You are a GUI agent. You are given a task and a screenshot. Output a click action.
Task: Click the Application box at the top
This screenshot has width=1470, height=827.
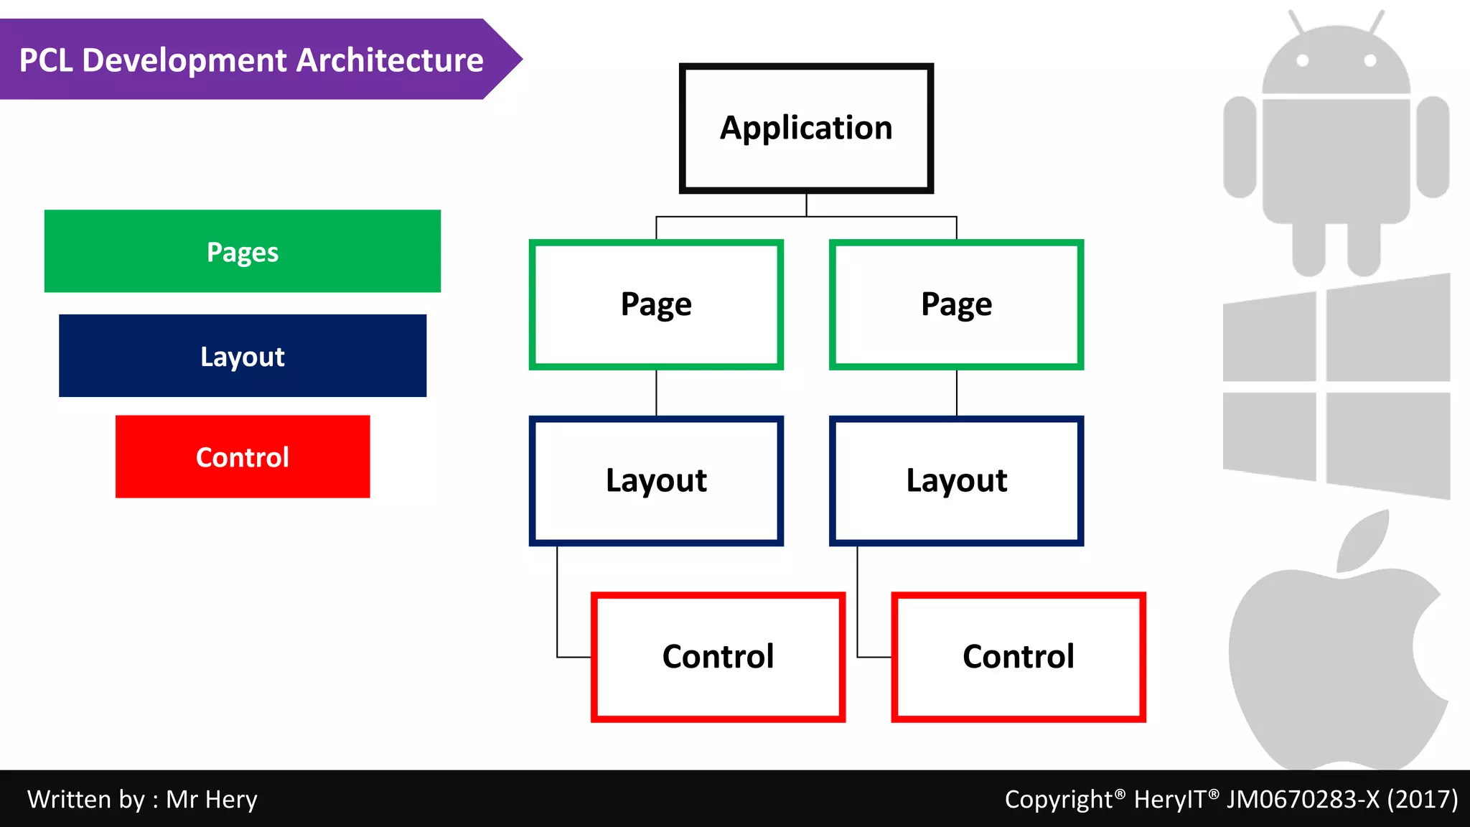pyautogui.click(x=806, y=128)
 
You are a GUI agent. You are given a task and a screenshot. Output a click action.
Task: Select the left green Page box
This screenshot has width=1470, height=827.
pyautogui.click(x=656, y=304)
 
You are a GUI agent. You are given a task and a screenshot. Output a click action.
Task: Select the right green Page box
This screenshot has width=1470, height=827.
pyautogui.click(x=956, y=304)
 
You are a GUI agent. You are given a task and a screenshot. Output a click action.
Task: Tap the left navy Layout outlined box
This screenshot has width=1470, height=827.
pyautogui.click(x=656, y=480)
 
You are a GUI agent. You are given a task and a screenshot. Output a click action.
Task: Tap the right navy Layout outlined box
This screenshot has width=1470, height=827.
pyautogui.click(x=956, y=480)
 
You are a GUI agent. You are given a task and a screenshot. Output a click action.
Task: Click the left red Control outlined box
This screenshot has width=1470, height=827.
pyautogui.click(x=718, y=656)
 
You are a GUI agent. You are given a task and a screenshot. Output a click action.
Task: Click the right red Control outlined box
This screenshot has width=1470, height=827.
pyautogui.click(x=1018, y=656)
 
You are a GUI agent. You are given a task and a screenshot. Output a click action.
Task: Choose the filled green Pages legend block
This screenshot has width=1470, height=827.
pyautogui.click(x=243, y=251)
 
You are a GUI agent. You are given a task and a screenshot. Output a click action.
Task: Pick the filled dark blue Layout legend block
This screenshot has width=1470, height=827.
pyautogui.click(x=243, y=356)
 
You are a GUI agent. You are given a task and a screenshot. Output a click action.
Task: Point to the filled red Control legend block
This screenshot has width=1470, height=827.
pyautogui.click(x=243, y=457)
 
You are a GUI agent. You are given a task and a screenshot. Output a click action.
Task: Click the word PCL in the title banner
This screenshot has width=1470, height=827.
pyautogui.click(x=46, y=60)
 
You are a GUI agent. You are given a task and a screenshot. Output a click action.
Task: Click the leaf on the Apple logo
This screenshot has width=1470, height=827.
pyautogui.click(x=1364, y=542)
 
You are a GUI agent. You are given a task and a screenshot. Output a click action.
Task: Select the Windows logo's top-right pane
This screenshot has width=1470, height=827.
pyautogui.click(x=1387, y=330)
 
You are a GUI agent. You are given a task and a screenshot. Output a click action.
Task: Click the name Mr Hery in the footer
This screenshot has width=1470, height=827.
pyautogui.click(x=212, y=800)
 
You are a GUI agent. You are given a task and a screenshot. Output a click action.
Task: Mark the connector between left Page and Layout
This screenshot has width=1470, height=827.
pyautogui.click(x=656, y=392)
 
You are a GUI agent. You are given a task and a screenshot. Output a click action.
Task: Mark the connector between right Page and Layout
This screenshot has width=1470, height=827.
pyautogui.click(x=956, y=392)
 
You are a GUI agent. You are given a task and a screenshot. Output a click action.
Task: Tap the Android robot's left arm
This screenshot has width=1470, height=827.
pyautogui.click(x=1240, y=146)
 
